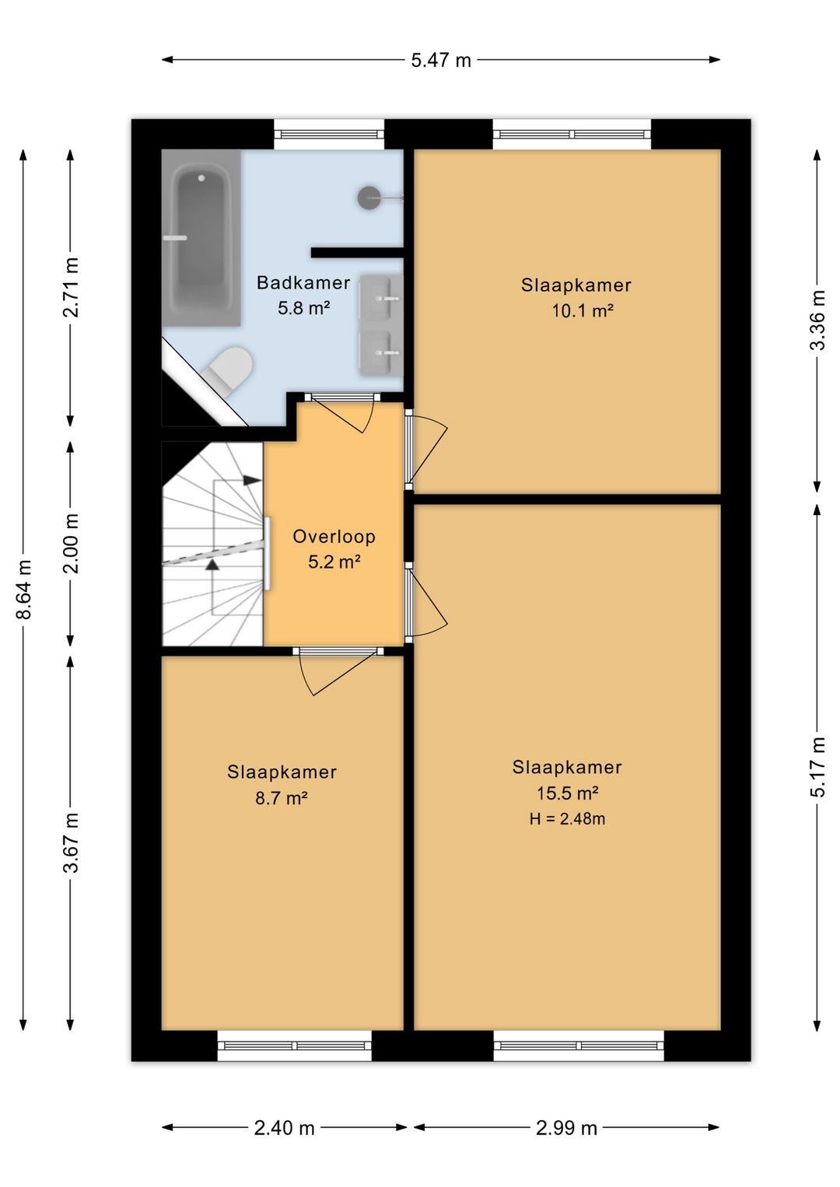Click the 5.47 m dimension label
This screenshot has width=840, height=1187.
441,60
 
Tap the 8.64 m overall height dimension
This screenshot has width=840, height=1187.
24,589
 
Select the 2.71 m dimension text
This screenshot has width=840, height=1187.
71,287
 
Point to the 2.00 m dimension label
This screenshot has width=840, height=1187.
71,543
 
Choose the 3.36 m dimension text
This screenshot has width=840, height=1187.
817,320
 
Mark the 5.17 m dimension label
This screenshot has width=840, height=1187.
817,767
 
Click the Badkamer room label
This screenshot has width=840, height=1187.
303,282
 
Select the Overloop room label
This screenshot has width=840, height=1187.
334,536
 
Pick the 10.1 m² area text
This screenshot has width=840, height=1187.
583,310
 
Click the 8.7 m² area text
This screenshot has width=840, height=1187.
282,797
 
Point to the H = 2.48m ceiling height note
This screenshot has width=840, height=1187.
567,819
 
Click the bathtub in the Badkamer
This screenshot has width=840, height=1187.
201,238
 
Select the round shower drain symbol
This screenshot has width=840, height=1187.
369,197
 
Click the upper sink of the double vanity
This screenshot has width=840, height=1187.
381,298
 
